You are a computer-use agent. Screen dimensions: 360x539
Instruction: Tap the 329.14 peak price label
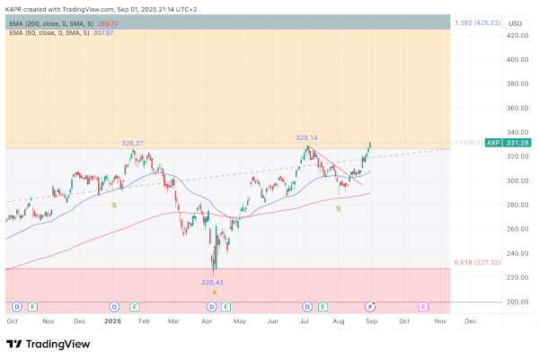pos(307,138)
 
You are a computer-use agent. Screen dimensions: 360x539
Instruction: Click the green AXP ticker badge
pos(493,143)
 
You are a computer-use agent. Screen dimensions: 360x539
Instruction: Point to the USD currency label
pos(515,22)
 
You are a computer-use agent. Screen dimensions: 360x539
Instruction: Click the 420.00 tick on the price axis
pos(517,36)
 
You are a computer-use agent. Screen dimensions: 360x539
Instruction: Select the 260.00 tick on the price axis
pos(517,229)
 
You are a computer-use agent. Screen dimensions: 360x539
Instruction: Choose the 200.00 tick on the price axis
pos(517,302)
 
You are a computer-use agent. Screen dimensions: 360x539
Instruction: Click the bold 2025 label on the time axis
pos(112,320)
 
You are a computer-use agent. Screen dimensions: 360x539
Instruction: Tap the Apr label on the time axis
pos(208,320)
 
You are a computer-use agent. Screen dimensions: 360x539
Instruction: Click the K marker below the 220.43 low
pos(214,292)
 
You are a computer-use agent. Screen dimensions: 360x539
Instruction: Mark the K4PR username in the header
pos(14,7)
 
